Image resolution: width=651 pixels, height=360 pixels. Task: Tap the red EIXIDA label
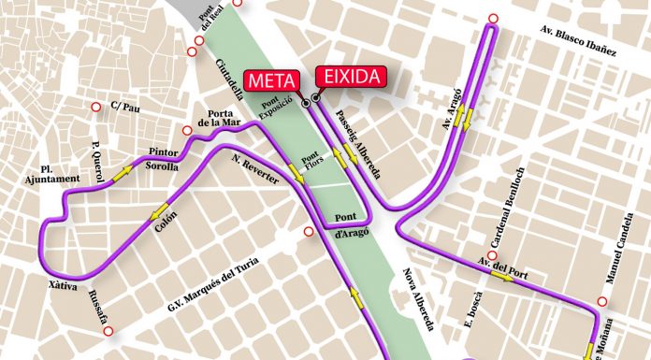[x=351, y=76]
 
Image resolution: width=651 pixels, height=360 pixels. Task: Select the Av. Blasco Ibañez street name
[x=579, y=41]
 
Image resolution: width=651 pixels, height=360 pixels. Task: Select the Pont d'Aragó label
[x=351, y=225]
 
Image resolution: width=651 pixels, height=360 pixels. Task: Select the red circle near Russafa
[x=108, y=332]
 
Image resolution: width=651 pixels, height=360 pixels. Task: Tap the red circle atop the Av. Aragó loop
[x=493, y=18]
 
